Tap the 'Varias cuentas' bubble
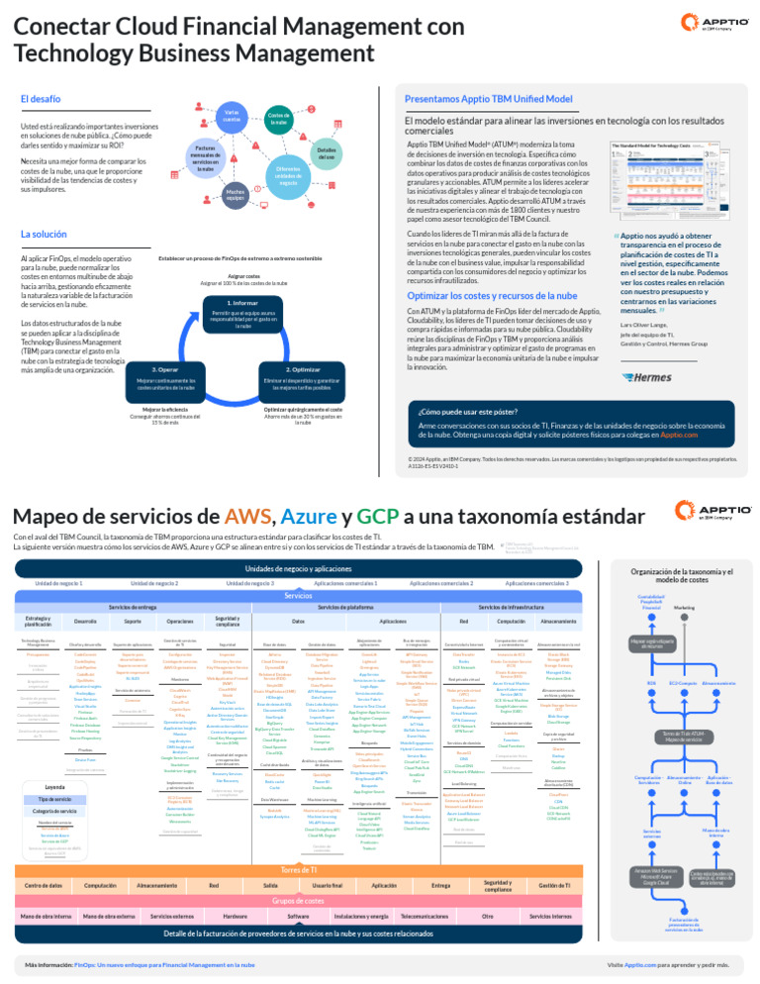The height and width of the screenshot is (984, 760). coord(231,118)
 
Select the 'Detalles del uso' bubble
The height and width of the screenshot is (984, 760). coord(327,154)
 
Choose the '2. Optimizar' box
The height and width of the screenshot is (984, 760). coord(303,369)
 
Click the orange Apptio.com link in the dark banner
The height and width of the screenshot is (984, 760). coord(687,435)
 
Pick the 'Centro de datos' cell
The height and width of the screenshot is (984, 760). coord(44,857)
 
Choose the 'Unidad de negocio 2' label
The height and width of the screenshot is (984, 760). coord(153,583)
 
